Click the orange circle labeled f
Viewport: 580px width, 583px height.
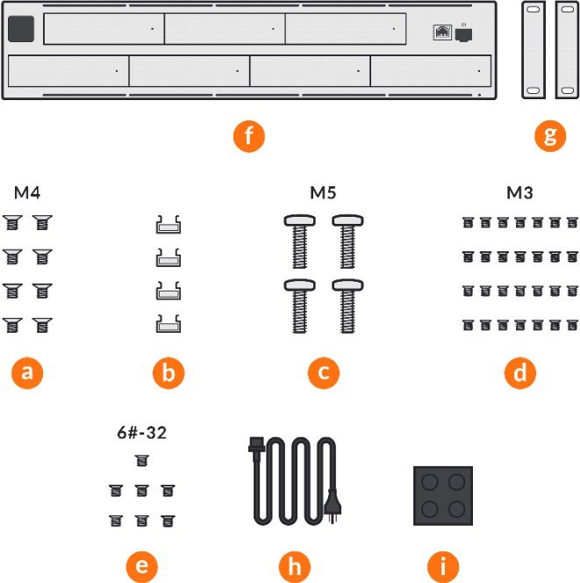249,137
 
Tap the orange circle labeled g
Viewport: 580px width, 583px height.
550,137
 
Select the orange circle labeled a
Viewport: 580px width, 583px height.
27,372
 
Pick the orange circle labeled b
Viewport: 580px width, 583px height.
168,372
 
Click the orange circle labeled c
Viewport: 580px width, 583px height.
324,372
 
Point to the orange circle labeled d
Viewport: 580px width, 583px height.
520,372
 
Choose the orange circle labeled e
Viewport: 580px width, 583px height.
141,565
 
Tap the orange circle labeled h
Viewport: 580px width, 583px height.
294,565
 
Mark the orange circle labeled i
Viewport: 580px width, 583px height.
442,565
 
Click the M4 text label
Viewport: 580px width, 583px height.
27,191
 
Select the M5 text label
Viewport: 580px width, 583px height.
324,191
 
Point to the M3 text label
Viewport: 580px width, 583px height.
520,191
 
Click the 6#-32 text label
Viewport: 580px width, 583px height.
141,433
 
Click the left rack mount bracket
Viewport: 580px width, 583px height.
533,49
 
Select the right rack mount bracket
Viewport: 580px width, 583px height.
568,49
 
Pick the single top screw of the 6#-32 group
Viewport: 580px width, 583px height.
141,460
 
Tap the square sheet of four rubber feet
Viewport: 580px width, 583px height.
442,496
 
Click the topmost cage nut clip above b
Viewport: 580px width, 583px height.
168,227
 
